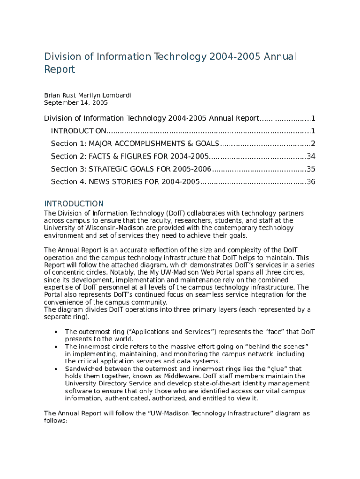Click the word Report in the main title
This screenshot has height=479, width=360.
(x=59, y=70)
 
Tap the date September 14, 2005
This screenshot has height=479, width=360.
(x=76, y=102)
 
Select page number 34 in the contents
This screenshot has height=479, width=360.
(x=311, y=156)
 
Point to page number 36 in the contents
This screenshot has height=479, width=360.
(x=311, y=181)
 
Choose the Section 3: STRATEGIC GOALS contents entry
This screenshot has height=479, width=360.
(x=131, y=169)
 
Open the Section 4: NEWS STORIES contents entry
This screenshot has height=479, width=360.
(x=125, y=181)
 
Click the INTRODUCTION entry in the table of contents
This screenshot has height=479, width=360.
(x=79, y=131)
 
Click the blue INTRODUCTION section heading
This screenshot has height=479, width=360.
(x=74, y=204)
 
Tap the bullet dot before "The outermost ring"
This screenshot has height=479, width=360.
(x=56, y=332)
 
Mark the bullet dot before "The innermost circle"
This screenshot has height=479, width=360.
(x=56, y=347)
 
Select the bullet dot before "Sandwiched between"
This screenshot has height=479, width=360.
(x=56, y=369)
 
